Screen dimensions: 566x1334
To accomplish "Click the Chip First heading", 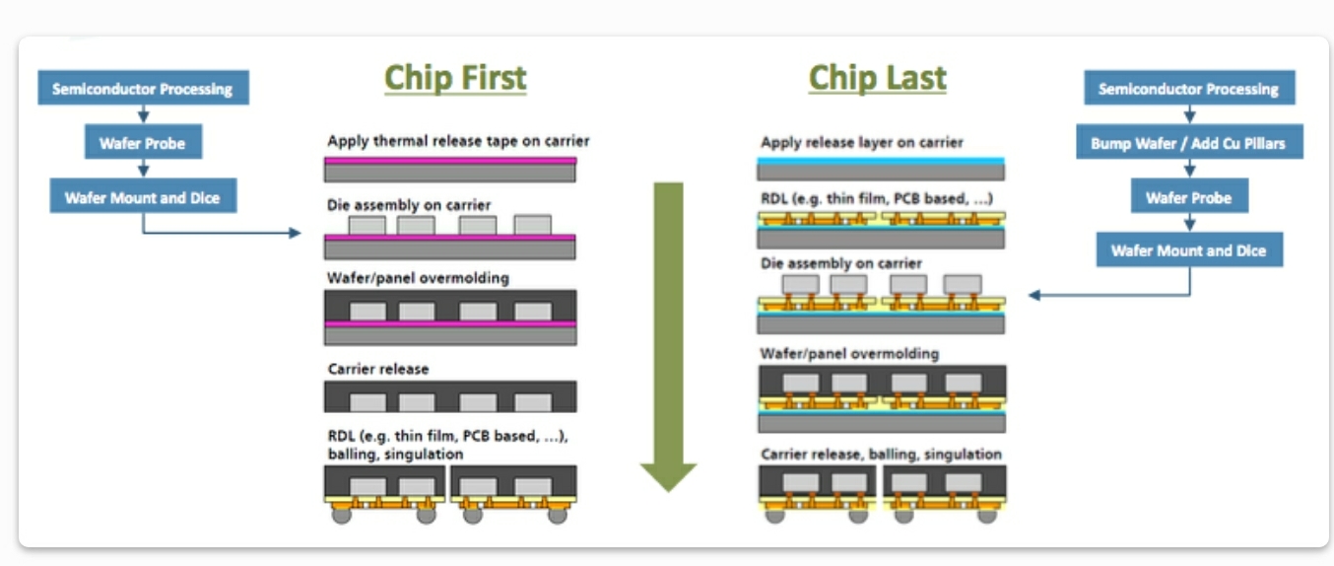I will coord(455,78).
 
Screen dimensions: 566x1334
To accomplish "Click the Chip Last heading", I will coord(877,78).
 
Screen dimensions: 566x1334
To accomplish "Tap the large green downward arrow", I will coord(668,335).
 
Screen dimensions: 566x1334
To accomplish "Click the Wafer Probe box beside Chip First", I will coord(143,143).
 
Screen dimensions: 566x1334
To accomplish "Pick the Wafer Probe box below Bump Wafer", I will coord(1188,197).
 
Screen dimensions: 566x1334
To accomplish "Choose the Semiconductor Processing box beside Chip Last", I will coord(1188,89).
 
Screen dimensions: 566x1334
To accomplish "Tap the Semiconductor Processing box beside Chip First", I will coord(143,89).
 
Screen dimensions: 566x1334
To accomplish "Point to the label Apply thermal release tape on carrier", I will coord(458,141).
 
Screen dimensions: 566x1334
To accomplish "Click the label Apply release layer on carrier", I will coord(861,142).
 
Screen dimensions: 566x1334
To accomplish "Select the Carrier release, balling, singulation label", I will coord(881,455).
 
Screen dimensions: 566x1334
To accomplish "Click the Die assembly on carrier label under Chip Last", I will coord(841,264).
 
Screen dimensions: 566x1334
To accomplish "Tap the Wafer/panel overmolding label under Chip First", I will coord(418,278).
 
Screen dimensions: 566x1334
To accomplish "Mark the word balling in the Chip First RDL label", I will coord(351,455).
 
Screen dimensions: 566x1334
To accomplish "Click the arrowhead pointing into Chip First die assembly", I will coord(295,233).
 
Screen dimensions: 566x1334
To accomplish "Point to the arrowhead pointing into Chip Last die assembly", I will coord(1034,295).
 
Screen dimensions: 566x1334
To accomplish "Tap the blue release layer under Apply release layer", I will coord(882,160).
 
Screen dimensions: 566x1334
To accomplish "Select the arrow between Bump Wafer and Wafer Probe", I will coord(1189,170).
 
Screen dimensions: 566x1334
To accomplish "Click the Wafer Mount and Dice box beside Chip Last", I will coord(1188,250).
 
